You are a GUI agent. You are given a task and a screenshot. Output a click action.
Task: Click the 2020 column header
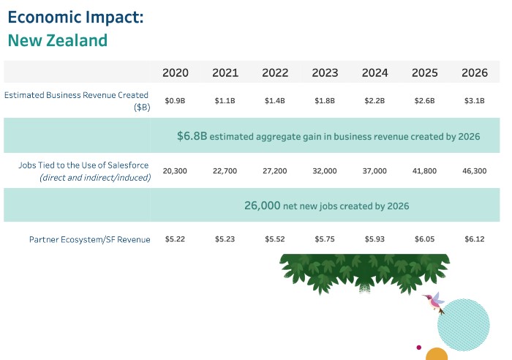tap(176, 72)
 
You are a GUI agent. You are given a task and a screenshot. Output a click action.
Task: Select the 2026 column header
tap(475, 72)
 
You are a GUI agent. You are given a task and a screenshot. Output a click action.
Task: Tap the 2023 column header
tap(325, 72)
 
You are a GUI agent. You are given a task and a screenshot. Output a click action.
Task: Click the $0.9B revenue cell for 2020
tap(176, 101)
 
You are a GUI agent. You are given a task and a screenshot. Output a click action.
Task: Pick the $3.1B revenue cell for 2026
tap(475, 101)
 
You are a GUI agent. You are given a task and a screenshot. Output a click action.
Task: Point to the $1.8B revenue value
tap(325, 101)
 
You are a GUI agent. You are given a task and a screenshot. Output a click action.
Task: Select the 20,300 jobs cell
tap(176, 170)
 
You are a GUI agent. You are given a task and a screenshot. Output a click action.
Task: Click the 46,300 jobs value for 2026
tap(475, 170)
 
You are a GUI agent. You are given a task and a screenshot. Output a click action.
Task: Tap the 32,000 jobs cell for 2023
tap(325, 170)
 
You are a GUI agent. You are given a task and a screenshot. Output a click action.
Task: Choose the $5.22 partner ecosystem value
tap(176, 239)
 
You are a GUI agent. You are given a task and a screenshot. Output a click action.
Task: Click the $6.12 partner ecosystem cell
tap(475, 239)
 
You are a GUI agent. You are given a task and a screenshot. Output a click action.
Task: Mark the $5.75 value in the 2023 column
tap(325, 239)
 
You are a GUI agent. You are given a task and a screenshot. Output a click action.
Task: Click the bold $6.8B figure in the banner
tap(192, 136)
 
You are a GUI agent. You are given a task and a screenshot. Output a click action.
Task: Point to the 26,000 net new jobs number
tap(262, 206)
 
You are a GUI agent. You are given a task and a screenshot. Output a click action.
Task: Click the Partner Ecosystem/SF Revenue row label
tap(89, 239)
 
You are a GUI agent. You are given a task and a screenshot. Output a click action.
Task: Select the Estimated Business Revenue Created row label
tap(77, 95)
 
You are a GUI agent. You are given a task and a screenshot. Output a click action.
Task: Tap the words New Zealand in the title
tap(58, 40)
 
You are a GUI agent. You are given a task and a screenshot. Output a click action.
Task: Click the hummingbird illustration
tap(435, 301)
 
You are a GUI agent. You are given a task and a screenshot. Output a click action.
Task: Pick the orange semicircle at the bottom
tap(437, 354)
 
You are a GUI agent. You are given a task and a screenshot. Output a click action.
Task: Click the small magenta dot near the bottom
tap(418, 347)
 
